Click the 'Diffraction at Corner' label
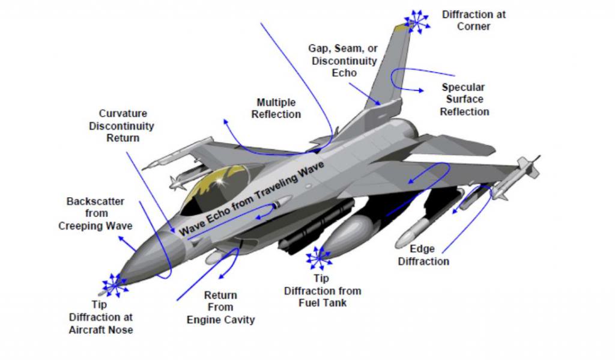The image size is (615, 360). [x=473, y=20]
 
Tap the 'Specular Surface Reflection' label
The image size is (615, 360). [x=464, y=99]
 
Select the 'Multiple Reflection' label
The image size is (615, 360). [x=276, y=108]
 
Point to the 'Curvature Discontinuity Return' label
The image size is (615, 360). [x=122, y=126]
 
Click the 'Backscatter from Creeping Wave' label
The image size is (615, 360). [x=95, y=213]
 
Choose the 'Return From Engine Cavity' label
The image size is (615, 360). [x=220, y=307]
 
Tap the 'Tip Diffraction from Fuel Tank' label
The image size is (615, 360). [x=323, y=290]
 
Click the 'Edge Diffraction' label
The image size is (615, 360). [x=423, y=255]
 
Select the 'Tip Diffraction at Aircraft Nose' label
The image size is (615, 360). [x=100, y=317]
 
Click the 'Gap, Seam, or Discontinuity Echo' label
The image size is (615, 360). [x=344, y=61]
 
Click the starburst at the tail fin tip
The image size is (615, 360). [x=417, y=22]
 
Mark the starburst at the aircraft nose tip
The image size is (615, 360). [x=115, y=285]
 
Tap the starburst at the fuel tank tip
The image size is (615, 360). [x=320, y=258]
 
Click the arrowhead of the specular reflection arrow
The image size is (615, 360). [x=421, y=90]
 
